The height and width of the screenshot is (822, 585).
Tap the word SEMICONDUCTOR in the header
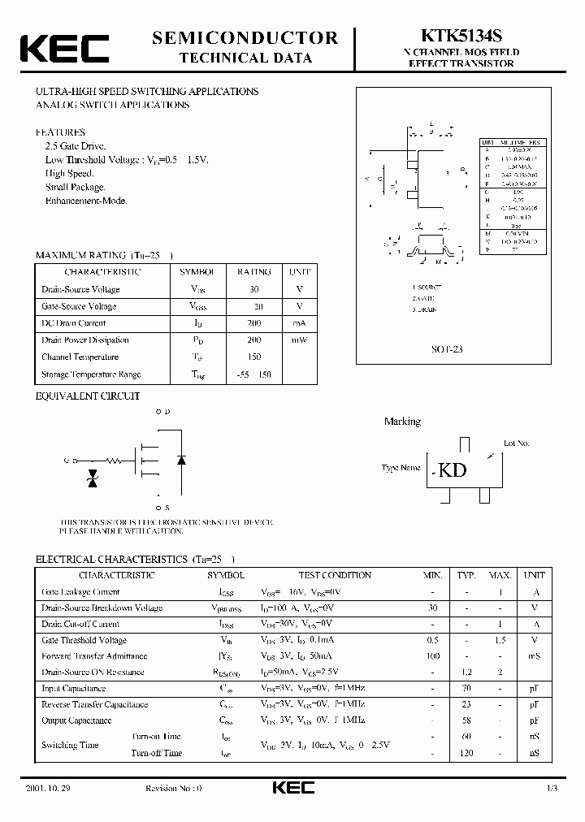click(x=245, y=37)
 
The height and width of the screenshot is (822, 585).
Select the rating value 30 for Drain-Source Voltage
click(x=253, y=289)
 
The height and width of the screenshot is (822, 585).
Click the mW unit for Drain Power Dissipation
click(x=299, y=340)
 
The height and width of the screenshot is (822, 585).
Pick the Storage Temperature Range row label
click(x=91, y=374)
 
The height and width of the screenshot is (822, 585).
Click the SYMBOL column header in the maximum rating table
click(x=197, y=272)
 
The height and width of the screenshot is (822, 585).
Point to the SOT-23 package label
click(x=447, y=349)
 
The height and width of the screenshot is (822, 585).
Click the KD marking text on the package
click(x=453, y=470)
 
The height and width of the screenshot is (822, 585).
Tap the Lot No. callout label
click(x=516, y=443)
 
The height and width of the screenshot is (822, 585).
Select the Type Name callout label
click(x=401, y=468)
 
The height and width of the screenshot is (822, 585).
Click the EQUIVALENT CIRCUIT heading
click(x=88, y=396)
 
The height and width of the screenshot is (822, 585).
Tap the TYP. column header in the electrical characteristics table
click(x=466, y=575)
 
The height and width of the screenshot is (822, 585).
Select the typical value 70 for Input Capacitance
click(x=466, y=688)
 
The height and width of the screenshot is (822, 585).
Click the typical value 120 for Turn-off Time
click(x=466, y=753)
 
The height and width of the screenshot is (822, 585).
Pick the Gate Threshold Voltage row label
click(x=84, y=640)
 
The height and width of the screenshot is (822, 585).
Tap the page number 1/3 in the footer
click(x=552, y=789)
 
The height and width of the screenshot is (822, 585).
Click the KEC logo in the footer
click(x=292, y=789)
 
